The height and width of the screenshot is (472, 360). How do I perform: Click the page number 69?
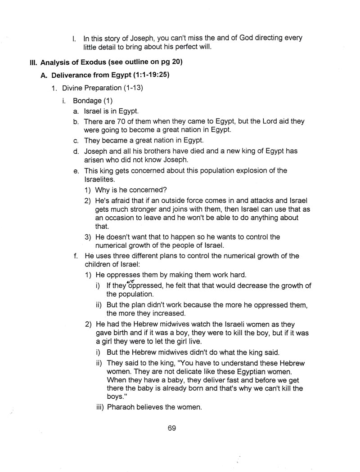click(171, 428)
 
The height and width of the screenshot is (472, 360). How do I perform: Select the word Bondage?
click(87, 100)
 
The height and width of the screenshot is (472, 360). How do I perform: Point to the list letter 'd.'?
click(76, 151)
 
